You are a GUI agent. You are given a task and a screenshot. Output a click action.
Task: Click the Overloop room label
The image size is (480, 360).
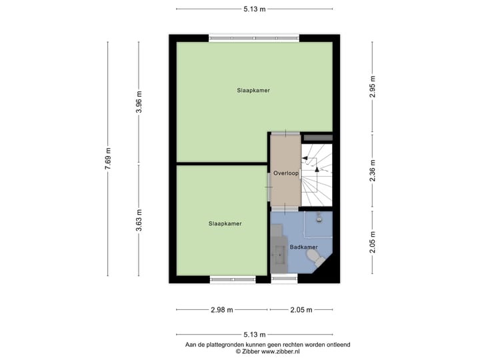pos(285,173)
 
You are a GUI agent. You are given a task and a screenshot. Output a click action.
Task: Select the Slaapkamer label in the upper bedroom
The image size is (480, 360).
pos(253,89)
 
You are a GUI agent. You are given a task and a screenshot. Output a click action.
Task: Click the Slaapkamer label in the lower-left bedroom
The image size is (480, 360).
pos(225,223)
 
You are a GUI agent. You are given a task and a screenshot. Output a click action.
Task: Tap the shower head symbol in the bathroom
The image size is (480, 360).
pos(319,217)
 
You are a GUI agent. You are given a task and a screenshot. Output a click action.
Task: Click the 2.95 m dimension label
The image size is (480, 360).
pos(373,88)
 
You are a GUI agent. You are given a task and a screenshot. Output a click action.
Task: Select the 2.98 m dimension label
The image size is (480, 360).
pos(222,310)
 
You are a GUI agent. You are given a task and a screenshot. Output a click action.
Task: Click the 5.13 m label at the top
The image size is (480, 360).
pos(254,9)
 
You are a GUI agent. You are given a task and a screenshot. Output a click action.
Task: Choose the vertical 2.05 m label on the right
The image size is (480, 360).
pos(373,243)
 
